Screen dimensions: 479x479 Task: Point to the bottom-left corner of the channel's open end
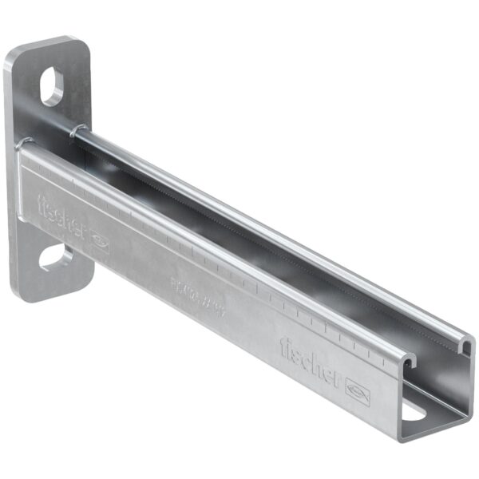tap(402, 436)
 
